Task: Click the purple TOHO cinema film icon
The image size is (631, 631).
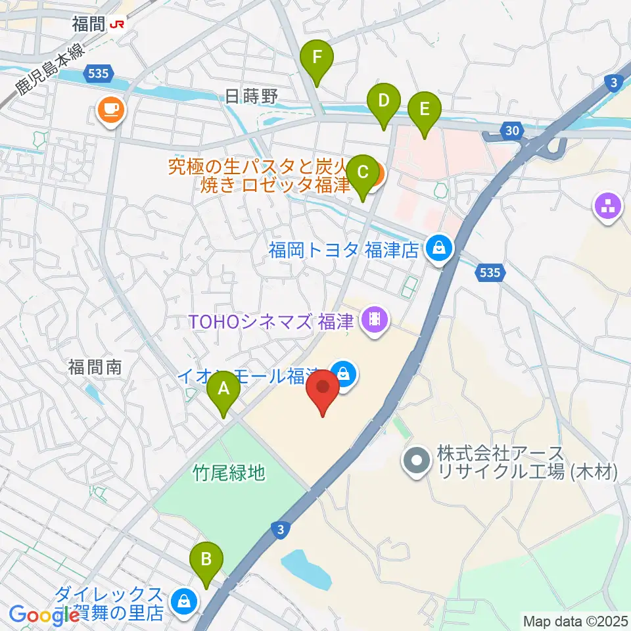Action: (x=375, y=320)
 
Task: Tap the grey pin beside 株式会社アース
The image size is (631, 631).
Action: (x=417, y=461)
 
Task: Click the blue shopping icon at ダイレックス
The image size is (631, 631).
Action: (x=182, y=601)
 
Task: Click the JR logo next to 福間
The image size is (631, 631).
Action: (x=118, y=24)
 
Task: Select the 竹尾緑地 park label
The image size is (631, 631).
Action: (x=229, y=472)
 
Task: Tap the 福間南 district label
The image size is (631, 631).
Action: (x=95, y=367)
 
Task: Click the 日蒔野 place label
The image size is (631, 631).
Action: (x=252, y=97)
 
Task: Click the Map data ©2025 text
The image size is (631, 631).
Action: (x=575, y=620)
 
